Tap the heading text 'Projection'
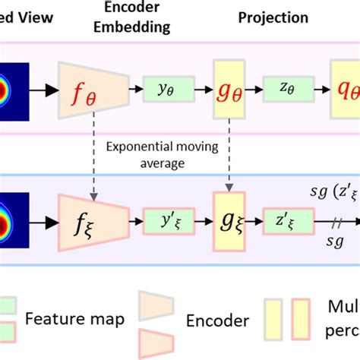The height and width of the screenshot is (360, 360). click(274, 17)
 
